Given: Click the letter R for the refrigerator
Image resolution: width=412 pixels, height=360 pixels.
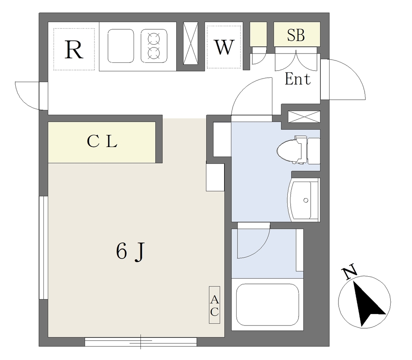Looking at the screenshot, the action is click(74, 50).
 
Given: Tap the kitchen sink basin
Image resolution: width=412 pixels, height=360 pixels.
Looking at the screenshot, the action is click(121, 46).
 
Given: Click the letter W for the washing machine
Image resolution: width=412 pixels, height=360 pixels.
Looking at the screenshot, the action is click(224, 47).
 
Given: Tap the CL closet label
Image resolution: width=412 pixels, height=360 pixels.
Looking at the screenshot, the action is click(102, 141).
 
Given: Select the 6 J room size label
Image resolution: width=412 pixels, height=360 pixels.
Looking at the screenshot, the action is click(130, 251).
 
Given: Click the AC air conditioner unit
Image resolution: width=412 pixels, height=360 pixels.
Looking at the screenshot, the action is click(214, 305).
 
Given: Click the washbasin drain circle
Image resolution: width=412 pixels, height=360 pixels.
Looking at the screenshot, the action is click(306, 201).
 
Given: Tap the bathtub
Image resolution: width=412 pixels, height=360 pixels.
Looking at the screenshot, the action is click(267, 304).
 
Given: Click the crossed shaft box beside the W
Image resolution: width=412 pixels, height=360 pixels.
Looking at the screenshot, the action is click(190, 43).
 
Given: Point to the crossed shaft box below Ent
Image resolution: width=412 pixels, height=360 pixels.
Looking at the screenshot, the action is click(304, 117).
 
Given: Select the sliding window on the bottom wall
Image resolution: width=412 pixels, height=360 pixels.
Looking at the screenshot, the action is click(141, 341).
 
